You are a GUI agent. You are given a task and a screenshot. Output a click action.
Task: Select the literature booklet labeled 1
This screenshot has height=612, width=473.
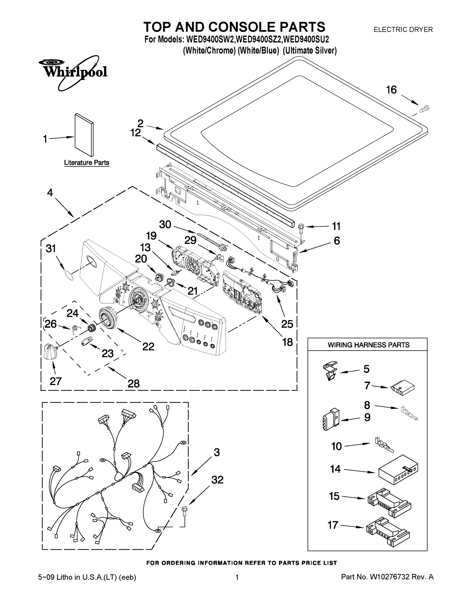84,135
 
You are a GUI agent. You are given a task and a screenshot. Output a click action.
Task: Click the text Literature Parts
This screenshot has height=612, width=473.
87,163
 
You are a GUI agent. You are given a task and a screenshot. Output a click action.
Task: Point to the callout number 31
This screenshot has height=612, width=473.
51,249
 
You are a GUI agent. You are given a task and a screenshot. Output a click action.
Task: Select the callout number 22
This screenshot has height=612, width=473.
148,347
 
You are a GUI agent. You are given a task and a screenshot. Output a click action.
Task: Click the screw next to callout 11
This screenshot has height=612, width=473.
301,228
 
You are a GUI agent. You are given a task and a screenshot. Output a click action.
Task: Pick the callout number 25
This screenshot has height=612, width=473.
287,324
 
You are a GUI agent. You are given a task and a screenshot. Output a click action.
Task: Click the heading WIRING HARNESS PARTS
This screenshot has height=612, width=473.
368,345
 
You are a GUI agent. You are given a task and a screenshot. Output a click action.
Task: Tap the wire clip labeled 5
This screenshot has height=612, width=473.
330,370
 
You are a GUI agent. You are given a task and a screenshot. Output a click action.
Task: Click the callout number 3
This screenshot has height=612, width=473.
216,452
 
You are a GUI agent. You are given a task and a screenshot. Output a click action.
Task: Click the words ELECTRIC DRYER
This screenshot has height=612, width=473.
403,29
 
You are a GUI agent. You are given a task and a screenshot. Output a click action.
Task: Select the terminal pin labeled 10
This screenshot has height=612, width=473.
384,445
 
